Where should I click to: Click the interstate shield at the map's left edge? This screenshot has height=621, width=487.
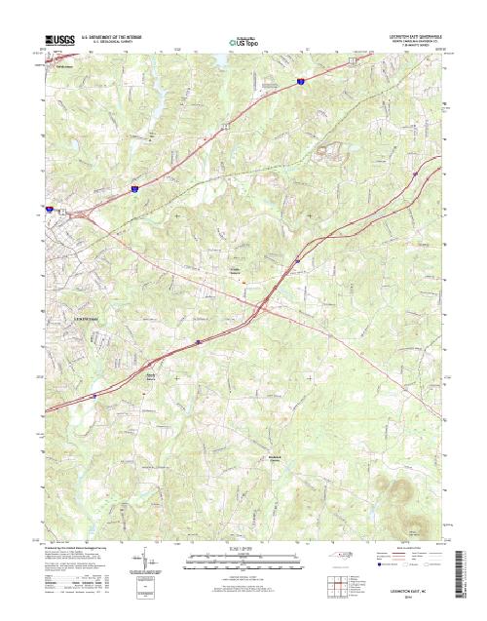pos(47,208)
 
